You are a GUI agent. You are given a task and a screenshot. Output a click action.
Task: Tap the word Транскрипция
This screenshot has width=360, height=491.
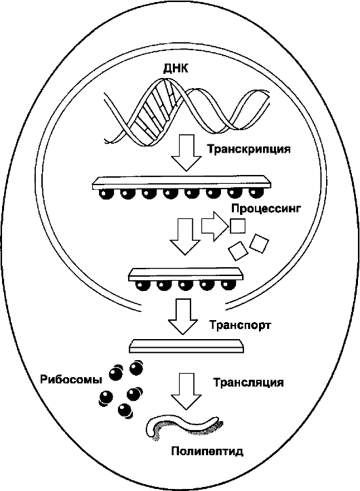[249, 149]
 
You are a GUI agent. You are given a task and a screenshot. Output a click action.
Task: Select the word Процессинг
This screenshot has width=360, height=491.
[266, 208]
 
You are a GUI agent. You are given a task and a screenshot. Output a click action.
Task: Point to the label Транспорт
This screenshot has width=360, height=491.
[240, 325]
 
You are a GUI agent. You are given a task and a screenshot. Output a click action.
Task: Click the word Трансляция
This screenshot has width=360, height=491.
[249, 382]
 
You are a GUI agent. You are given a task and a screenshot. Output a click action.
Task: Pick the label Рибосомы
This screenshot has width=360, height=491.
[71, 380]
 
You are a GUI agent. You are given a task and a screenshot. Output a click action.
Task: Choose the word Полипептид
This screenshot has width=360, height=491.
[207, 451]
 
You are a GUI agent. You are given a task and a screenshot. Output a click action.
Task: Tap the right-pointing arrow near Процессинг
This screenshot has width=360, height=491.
[214, 226]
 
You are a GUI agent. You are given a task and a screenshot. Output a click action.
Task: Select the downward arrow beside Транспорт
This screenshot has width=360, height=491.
[183, 317]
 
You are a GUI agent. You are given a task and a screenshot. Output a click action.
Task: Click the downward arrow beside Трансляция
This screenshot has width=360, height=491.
[187, 391]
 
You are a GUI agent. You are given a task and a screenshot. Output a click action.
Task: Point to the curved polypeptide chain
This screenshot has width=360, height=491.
[184, 427]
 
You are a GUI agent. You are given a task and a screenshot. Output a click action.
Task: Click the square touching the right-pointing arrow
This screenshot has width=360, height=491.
[237, 226]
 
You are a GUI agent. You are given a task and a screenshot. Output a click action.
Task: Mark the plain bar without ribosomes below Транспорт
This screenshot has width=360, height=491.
[186, 346]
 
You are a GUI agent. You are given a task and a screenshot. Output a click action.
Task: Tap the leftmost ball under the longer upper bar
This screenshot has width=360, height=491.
[107, 193]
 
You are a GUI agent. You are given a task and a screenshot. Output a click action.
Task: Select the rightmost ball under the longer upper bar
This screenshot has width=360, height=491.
[256, 193]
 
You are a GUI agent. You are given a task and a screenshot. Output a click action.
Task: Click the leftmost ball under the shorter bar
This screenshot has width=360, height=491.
[142, 286]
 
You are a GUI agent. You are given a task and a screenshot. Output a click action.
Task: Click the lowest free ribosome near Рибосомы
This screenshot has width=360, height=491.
[125, 410]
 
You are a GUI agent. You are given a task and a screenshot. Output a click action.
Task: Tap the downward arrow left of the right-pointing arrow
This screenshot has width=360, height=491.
[184, 237]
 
